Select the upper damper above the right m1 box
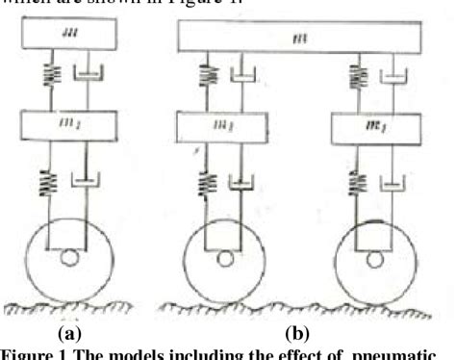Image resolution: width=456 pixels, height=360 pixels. click(395, 76)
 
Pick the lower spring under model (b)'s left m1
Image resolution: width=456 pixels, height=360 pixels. click(203, 179)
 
